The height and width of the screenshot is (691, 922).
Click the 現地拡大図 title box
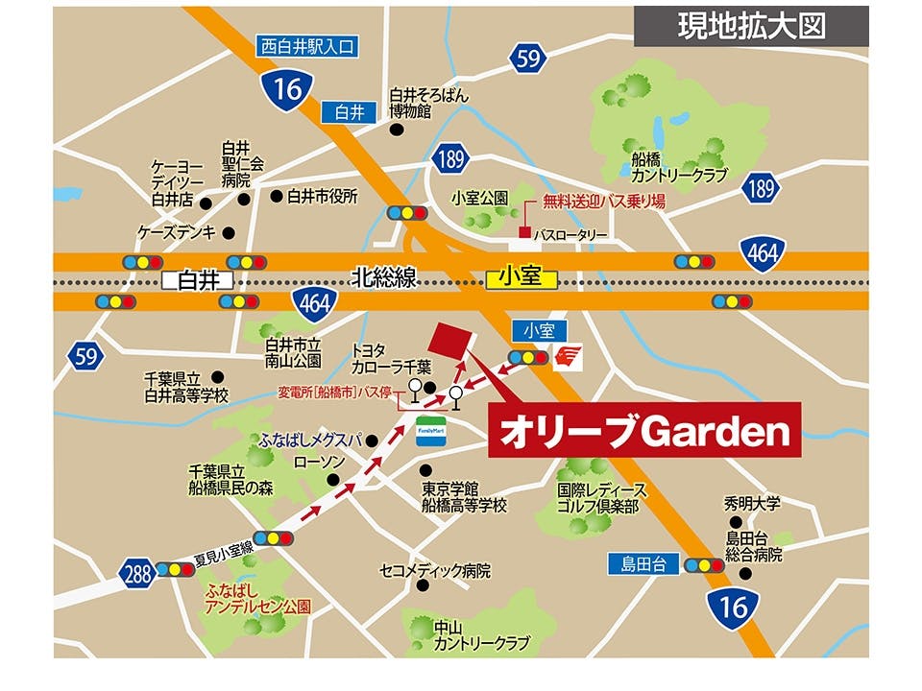point(751,26)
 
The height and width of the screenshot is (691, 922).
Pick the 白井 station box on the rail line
point(199,279)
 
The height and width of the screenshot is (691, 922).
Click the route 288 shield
point(137,574)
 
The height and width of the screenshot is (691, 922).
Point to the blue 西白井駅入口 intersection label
point(307,45)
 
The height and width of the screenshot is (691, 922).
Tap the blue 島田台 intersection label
point(643,564)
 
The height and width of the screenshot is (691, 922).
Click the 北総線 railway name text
point(384,278)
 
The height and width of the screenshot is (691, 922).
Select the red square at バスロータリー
point(524,233)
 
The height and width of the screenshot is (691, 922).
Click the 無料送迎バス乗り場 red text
point(603,203)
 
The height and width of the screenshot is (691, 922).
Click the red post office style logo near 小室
point(568,356)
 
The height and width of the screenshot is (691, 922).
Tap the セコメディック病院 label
point(435,571)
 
